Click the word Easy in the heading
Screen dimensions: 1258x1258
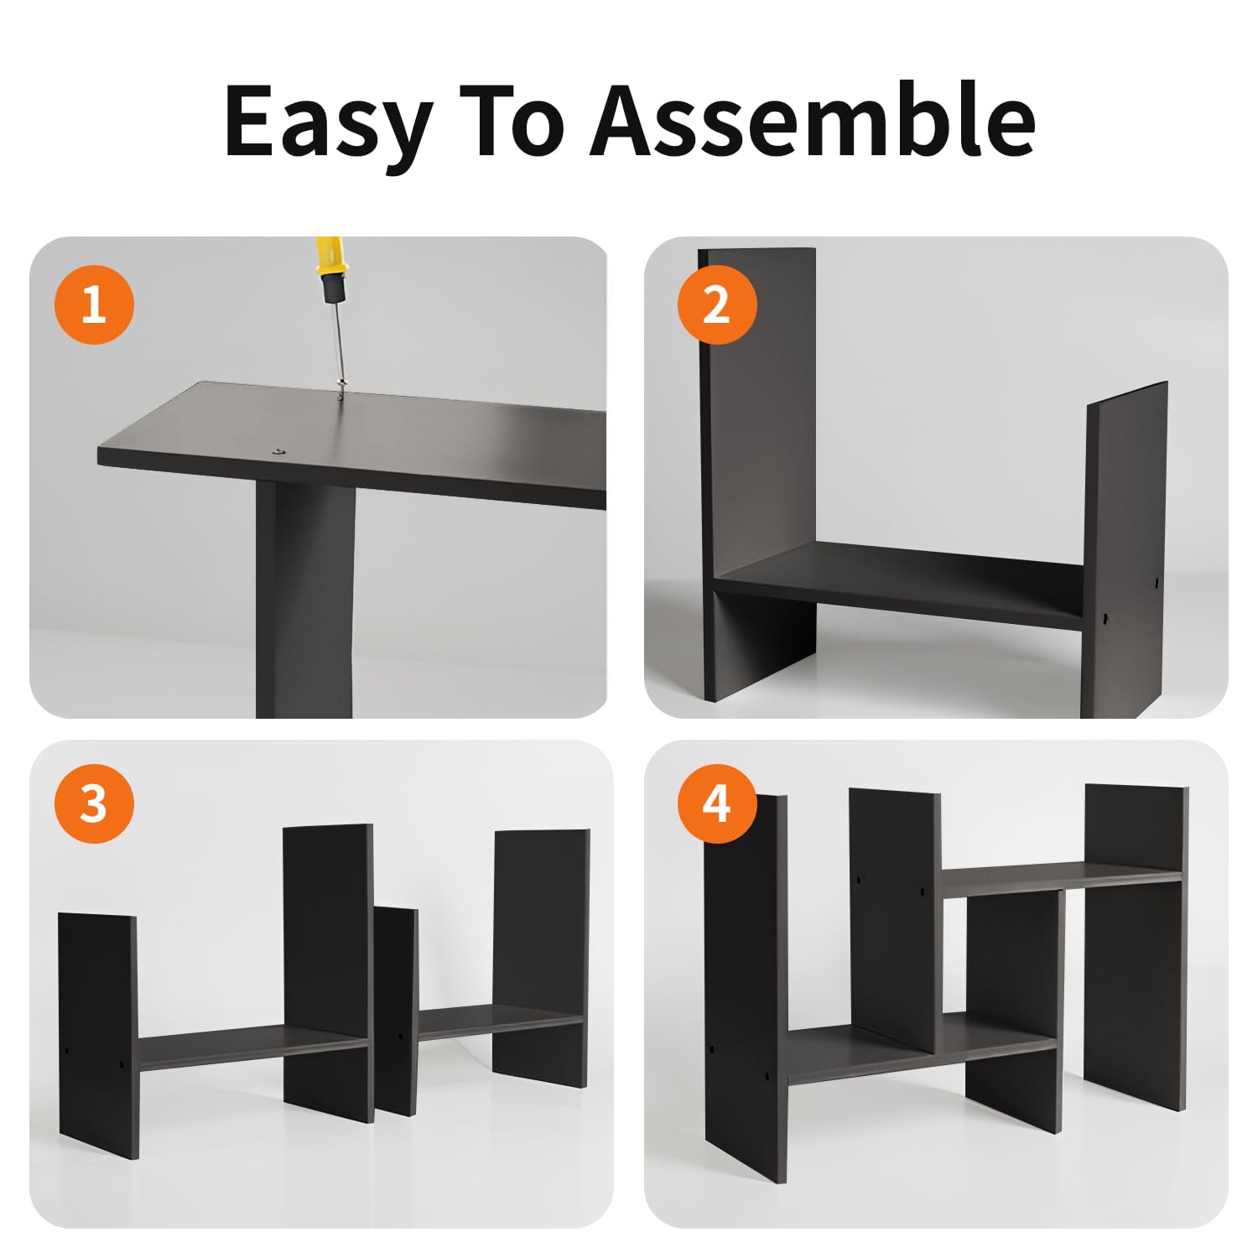tap(329, 122)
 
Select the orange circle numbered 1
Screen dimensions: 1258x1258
tap(94, 304)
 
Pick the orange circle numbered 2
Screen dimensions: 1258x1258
tap(717, 304)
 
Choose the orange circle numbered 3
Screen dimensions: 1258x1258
tap(94, 804)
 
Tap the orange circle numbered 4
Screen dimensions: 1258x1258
tap(717, 804)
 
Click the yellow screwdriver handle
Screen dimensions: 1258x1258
tap(330, 270)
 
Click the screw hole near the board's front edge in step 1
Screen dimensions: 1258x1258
tap(277, 453)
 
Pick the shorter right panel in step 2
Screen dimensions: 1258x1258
tap(1124, 550)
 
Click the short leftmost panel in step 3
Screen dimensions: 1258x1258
tap(99, 1036)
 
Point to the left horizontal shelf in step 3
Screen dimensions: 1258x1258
tap(252, 1047)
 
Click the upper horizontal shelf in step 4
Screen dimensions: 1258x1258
tap(1062, 878)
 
